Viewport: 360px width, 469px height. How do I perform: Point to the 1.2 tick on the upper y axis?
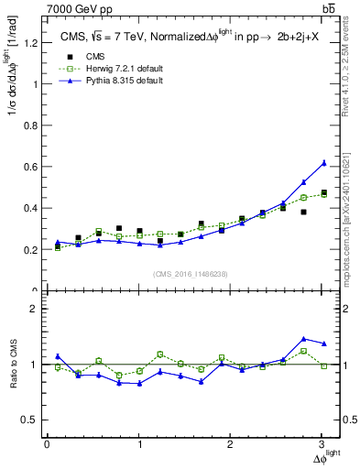point(27,42)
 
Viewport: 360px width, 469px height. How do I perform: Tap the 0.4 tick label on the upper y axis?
point(27,208)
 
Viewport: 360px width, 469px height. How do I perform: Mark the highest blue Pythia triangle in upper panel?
point(323,163)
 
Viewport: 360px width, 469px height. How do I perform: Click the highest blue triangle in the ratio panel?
point(303,339)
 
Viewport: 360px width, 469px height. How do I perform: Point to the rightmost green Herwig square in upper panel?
point(323,194)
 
